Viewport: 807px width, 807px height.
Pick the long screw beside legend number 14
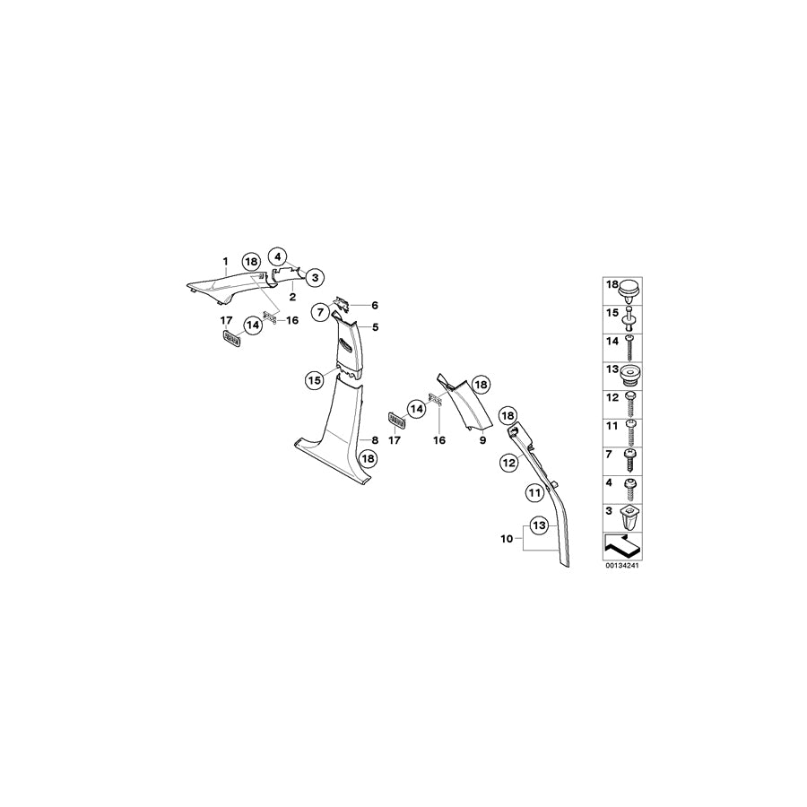click(x=631, y=344)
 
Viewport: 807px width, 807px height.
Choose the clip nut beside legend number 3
click(x=631, y=516)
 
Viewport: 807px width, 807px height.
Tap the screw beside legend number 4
click(x=631, y=487)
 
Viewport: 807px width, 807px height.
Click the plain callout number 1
click(x=225, y=261)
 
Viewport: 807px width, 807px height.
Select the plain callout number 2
click(x=292, y=296)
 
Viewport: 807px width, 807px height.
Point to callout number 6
click(x=376, y=306)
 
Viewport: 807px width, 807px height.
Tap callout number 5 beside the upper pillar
click(x=376, y=327)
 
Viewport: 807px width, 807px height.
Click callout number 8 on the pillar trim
click(x=375, y=440)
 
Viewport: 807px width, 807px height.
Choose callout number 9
click(x=482, y=441)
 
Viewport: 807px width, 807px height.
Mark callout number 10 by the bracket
click(x=505, y=541)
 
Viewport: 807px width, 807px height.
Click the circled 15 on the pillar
click(x=315, y=380)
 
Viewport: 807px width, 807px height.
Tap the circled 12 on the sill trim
click(x=509, y=463)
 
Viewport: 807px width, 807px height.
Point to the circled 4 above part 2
click(x=277, y=255)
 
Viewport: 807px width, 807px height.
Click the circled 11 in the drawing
click(x=534, y=492)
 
